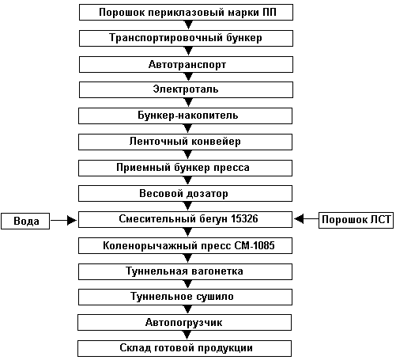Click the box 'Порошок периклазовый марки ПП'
pyautogui.click(x=186, y=12)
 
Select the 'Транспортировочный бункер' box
pyautogui.click(x=186, y=38)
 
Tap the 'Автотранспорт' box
pyautogui.click(x=186, y=64)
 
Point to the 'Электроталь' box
pyautogui.click(x=186, y=89)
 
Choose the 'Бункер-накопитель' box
pyautogui.click(x=185, y=116)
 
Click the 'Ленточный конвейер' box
pyautogui.click(x=185, y=142)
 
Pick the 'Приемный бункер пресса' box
pyautogui.click(x=185, y=168)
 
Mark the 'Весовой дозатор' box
pyautogui.click(x=185, y=193)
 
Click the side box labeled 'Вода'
pyautogui.click(x=25, y=221)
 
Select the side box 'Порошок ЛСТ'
pyautogui.click(x=356, y=220)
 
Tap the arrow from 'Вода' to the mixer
pyautogui.click(x=64, y=220)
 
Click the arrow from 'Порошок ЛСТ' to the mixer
pyautogui.click(x=306, y=218)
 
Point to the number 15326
pyautogui.click(x=244, y=219)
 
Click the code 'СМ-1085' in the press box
pyautogui.click(x=255, y=245)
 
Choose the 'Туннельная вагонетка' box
pyautogui.click(x=185, y=271)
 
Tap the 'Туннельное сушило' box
pyautogui.click(x=185, y=297)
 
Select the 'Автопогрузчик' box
pyautogui.click(x=184, y=322)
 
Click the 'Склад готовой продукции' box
pyautogui.click(x=184, y=348)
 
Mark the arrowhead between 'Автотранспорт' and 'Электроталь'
pyautogui.click(x=188, y=77)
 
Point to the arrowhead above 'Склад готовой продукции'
pyautogui.click(x=187, y=335)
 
